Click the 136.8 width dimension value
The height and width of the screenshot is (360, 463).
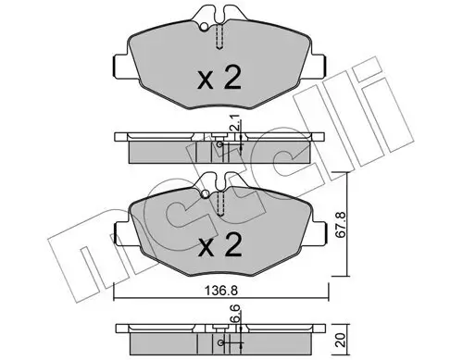tap(220, 291)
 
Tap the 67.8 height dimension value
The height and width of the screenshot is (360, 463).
tap(340, 224)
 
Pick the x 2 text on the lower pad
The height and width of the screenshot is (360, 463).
tap(219, 245)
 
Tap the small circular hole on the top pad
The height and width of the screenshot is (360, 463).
tap(204, 27)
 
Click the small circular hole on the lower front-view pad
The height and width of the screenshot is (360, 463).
tap(205, 194)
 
